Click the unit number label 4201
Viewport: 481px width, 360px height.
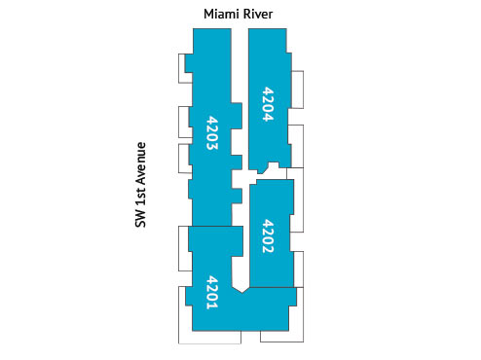coord(211,291)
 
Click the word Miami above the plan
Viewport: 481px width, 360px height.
coord(222,14)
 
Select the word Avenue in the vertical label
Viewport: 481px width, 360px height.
coord(141,164)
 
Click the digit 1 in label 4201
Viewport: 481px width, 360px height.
coord(211,305)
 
